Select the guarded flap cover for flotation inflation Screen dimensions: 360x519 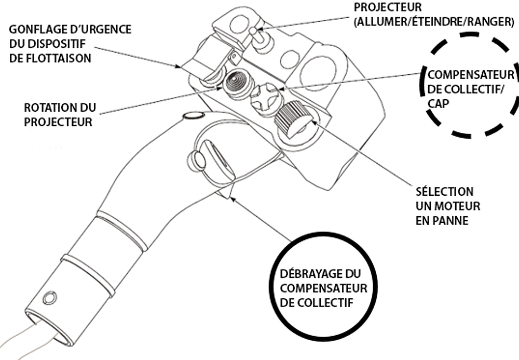205,57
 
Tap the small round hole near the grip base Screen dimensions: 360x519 50,298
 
